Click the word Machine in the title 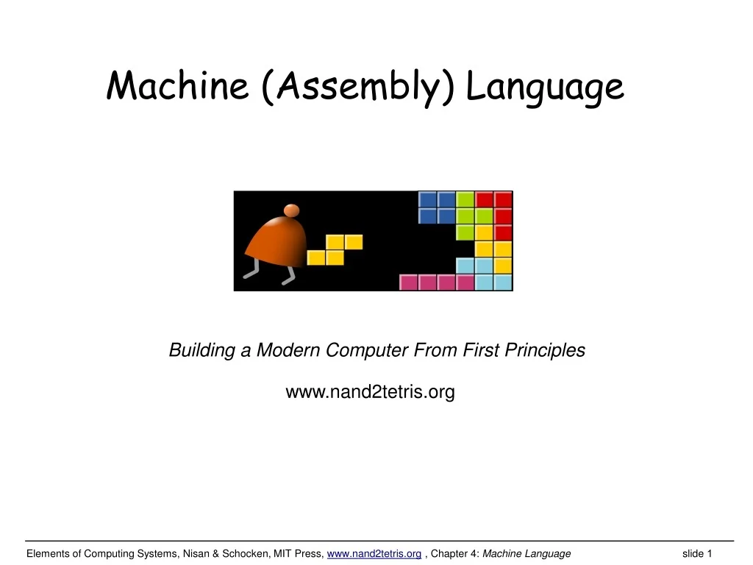pyautogui.click(x=179, y=86)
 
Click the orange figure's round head pyautogui.click(x=292, y=210)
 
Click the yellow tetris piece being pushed pyautogui.click(x=335, y=250)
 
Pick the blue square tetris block pyautogui.click(x=437, y=207)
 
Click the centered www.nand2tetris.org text pyautogui.click(x=370, y=393)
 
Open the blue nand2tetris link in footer pyautogui.click(x=374, y=554)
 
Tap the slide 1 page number pyautogui.click(x=697, y=554)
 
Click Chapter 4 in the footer pyautogui.click(x=456, y=554)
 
